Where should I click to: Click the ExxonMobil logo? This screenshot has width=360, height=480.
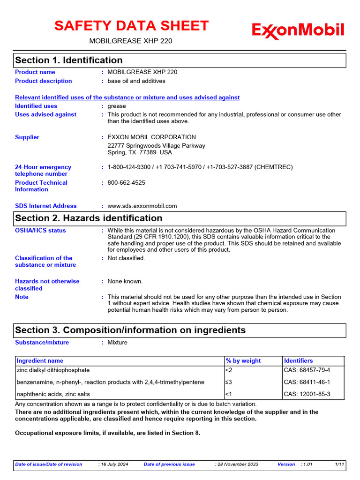pos(298,31)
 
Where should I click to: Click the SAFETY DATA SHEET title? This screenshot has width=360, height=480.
pos(131,26)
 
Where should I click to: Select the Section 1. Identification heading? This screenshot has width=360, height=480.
pos(69,60)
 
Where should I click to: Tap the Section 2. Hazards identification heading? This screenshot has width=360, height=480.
pos(89,218)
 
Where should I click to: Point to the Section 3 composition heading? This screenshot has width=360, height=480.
pos(130,330)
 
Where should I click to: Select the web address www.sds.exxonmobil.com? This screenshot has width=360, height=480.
pos(142,206)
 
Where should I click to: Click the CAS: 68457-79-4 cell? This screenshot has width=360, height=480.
pos(307,370)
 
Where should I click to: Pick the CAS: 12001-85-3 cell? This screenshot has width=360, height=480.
pos(307,394)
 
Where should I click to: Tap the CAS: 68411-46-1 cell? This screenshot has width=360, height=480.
pos(307,382)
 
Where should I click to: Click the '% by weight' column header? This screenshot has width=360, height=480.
pos(243,361)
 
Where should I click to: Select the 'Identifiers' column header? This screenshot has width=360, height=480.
pos(299,361)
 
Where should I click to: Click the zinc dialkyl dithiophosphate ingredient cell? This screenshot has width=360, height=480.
pos(53,370)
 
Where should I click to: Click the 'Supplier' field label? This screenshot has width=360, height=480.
pos(27,137)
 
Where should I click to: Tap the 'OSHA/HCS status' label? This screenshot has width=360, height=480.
pos(40,231)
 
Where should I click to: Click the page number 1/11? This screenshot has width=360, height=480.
pos(340,465)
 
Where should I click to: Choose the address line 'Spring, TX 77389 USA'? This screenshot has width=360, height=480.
pos(140,152)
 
